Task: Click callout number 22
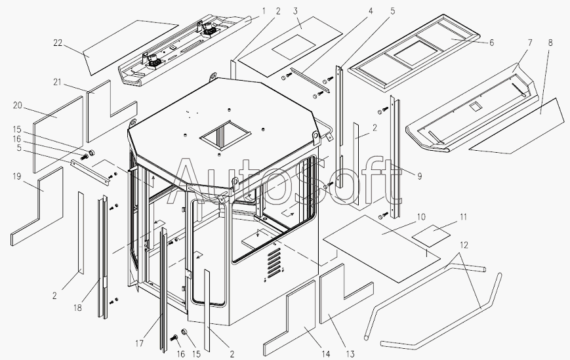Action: (58, 43)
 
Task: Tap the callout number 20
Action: (18, 106)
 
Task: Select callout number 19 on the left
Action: (16, 176)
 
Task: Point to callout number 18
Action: (77, 308)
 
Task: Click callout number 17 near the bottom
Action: (139, 343)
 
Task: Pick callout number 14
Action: (326, 354)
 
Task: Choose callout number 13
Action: (350, 354)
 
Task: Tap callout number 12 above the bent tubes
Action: (464, 245)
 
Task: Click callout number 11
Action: (463, 217)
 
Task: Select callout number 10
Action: (421, 217)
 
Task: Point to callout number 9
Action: (420, 176)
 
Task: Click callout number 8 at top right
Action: (550, 43)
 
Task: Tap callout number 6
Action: (492, 43)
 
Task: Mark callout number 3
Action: (295, 11)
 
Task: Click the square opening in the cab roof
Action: (226, 135)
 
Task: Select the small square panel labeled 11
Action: (431, 236)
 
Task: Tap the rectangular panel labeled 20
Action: (58, 134)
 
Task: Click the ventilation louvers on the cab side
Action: (274, 264)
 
